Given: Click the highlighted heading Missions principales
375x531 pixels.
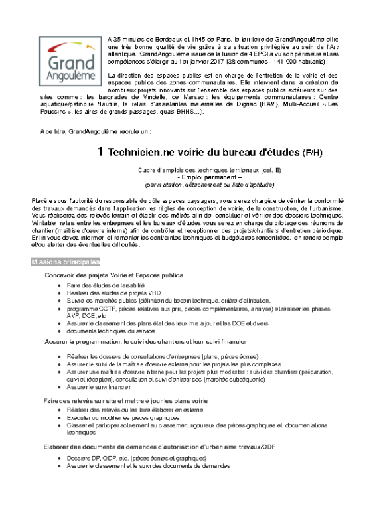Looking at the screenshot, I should [64, 262].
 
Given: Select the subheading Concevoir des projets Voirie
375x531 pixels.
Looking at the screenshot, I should [113, 275].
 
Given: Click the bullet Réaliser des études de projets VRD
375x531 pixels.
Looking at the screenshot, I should [108, 293].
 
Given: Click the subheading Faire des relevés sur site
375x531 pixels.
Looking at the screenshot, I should [126, 401].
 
